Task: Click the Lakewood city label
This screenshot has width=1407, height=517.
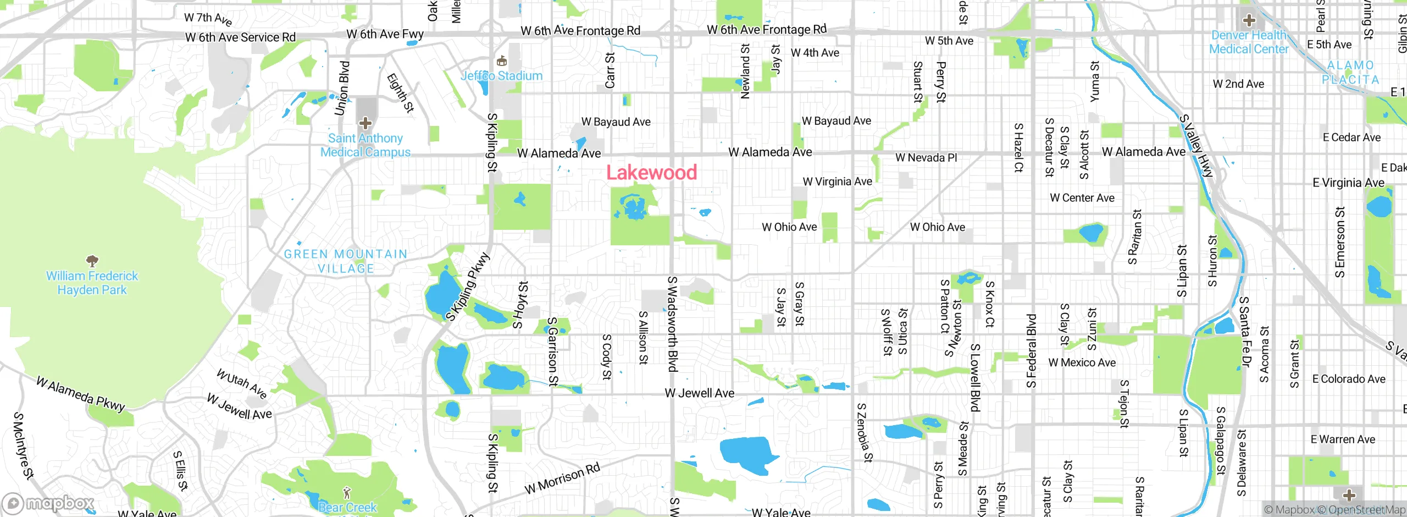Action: (x=651, y=173)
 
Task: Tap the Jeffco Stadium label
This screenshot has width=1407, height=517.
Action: (x=501, y=76)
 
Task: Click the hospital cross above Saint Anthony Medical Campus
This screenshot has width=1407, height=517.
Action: (x=365, y=123)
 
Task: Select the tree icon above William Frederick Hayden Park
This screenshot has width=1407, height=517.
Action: (x=92, y=260)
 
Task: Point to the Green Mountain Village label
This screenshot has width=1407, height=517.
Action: (x=346, y=261)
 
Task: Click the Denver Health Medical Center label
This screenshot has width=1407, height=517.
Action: (x=1249, y=42)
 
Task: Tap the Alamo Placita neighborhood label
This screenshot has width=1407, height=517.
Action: (x=1350, y=73)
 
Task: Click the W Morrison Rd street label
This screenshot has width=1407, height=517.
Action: (x=562, y=479)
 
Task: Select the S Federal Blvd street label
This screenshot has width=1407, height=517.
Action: (x=1031, y=350)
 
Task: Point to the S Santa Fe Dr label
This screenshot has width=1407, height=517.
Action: (x=1245, y=332)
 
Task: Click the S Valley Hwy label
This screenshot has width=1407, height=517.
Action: (x=1196, y=146)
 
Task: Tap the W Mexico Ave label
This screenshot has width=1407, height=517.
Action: (x=1082, y=363)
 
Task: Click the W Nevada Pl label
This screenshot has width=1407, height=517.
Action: (x=926, y=158)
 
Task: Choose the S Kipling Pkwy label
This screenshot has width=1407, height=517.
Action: (x=467, y=287)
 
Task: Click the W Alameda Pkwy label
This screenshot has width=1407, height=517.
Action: (x=81, y=394)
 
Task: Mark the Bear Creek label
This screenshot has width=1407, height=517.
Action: (x=347, y=507)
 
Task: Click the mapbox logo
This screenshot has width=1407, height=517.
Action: (x=48, y=503)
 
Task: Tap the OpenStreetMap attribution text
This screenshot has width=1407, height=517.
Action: (x=1366, y=510)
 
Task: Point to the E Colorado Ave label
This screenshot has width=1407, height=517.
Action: (x=1349, y=379)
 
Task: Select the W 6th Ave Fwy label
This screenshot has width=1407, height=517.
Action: (x=385, y=34)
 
